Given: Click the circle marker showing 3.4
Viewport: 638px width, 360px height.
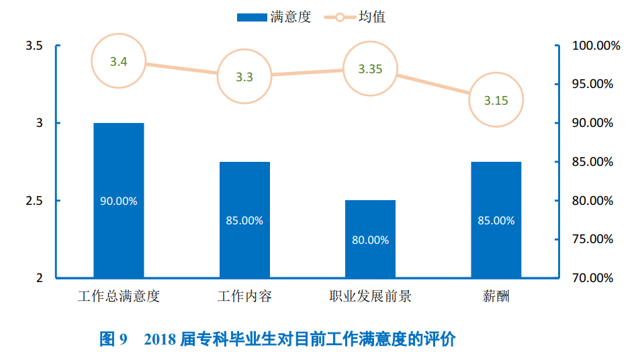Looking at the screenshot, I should point(119,62).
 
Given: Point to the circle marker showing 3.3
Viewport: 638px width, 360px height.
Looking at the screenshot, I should point(244,77).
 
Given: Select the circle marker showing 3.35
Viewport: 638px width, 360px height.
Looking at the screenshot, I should point(370,69).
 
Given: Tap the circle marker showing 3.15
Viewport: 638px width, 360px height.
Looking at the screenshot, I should point(496,101).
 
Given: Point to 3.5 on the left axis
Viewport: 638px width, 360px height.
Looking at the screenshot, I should point(34,46).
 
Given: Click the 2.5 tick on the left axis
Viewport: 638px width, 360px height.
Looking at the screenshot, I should point(34,201).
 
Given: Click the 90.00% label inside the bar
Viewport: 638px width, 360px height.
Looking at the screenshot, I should point(118,201).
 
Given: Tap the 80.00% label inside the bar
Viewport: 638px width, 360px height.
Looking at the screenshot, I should point(370,240).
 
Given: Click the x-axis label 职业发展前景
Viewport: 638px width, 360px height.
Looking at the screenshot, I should point(370,296).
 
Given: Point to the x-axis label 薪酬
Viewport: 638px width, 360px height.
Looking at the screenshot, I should point(496,296).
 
